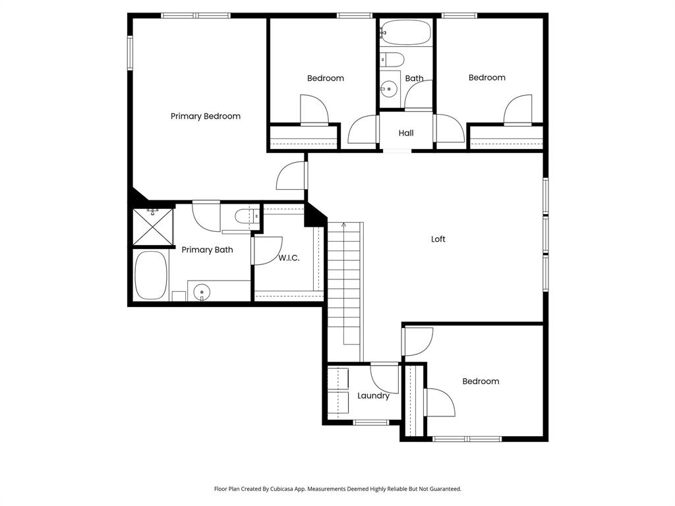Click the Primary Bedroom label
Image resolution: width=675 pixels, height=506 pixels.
[x=205, y=116]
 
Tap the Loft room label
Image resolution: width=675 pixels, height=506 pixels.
[x=438, y=239]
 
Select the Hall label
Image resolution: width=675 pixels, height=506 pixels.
[x=406, y=133]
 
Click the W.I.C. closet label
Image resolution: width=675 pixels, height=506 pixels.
[x=289, y=258]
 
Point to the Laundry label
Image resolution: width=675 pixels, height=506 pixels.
[x=373, y=396]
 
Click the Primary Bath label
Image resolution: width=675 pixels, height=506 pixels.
[x=207, y=250]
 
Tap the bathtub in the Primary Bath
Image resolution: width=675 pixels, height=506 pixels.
[x=150, y=275]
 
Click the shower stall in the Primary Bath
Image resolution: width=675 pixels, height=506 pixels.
[x=153, y=227]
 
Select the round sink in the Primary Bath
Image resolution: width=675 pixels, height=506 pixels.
[x=202, y=291]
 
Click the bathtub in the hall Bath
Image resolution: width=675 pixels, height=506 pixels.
[x=405, y=32]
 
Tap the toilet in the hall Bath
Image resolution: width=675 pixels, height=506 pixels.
[x=392, y=60]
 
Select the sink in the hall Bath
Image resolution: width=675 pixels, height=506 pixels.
[x=389, y=88]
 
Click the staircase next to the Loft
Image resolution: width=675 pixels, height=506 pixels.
[x=345, y=290]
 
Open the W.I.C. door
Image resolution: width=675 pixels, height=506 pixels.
[x=266, y=251]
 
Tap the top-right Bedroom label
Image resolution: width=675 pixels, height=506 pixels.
[x=486, y=78]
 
